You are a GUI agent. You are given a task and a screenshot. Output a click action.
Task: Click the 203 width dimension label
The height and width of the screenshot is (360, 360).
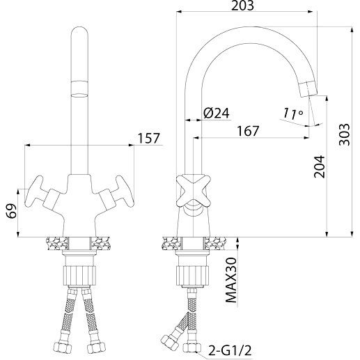tap(242, 6)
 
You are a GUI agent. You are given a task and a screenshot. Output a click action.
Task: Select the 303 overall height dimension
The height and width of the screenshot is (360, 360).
tap(344, 134)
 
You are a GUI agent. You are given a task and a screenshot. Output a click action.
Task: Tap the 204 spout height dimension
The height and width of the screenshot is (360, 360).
tap(319, 166)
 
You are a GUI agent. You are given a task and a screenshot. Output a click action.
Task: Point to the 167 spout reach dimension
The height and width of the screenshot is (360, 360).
tap(248, 131)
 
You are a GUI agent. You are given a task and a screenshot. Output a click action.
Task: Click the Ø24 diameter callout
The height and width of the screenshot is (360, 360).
tap(217, 114)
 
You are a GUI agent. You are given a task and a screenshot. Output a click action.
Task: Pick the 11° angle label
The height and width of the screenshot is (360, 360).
tap(292, 114)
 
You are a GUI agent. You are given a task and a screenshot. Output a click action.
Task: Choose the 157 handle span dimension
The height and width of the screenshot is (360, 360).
tap(149, 139)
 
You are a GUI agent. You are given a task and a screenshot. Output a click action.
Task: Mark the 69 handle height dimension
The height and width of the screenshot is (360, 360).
tap(12, 211)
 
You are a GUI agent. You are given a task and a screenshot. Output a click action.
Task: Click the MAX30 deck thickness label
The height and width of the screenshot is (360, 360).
tap(231, 280)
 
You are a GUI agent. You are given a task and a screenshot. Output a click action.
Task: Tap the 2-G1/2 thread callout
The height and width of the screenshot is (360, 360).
tap(230, 350)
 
